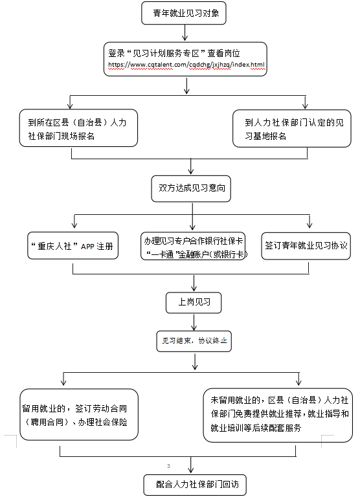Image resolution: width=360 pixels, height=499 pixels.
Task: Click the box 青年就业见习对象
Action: click(184, 13)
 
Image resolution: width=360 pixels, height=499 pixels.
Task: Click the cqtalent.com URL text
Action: click(186, 65)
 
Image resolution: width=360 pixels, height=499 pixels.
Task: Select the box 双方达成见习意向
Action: click(191, 188)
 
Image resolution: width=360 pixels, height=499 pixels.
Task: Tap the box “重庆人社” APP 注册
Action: click(73, 246)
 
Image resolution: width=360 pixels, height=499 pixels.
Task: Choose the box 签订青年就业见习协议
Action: click(306, 246)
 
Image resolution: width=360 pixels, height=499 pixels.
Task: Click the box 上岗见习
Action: click(194, 302)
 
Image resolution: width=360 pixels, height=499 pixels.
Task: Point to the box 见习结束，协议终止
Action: click(194, 341)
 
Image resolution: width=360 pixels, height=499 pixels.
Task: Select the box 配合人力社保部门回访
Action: click(195, 485)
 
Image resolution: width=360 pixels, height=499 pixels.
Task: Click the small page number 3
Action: click(168, 466)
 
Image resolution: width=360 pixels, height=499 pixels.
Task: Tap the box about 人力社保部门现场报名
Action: click(78, 128)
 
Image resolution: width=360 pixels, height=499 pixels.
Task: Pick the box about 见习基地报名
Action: click(292, 129)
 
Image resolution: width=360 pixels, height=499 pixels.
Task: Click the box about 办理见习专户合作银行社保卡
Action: click(193, 246)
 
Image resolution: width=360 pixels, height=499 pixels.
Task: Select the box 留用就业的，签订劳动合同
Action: click(79, 414)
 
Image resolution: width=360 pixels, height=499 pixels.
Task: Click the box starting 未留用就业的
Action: click(278, 415)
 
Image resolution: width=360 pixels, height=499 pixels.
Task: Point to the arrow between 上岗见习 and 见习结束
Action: click(194, 322)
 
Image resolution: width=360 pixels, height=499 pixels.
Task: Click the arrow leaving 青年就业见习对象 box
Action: click(185, 33)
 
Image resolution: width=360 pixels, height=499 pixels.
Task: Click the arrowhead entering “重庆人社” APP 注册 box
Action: click(74, 225)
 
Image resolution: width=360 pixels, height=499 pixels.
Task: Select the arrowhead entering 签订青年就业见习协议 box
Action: click(309, 225)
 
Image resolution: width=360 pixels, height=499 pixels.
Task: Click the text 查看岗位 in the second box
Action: click(223, 53)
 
